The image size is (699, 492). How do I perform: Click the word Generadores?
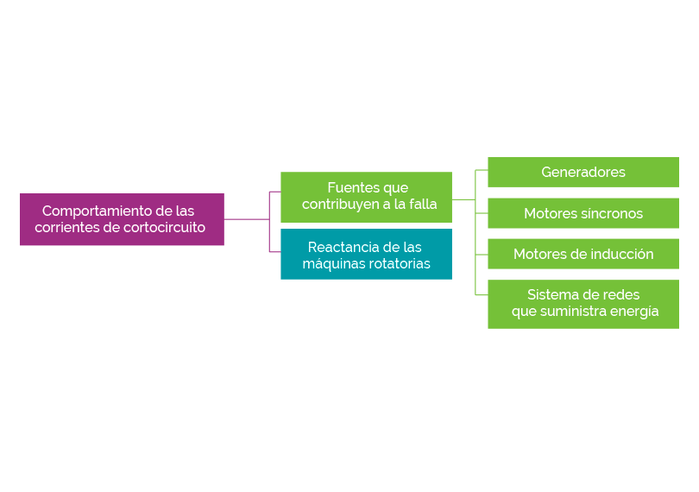(x=583, y=173)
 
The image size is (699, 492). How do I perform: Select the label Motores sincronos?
(x=583, y=214)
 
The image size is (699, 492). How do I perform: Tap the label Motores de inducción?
(x=583, y=255)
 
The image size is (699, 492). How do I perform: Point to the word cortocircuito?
(x=164, y=228)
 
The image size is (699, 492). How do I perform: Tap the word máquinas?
(x=333, y=264)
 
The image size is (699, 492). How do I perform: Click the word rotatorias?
(x=399, y=264)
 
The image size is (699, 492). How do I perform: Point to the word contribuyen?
(x=339, y=205)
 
